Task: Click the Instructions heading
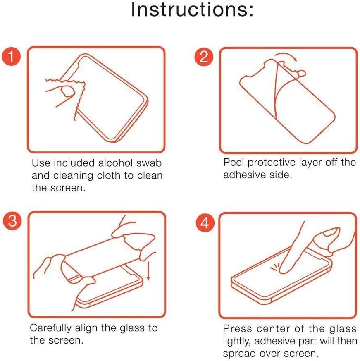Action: point(192,9)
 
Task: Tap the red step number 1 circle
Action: point(11,56)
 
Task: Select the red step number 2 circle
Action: point(204,57)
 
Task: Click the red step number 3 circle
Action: point(12,220)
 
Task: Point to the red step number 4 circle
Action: point(205,222)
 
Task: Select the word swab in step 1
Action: point(149,163)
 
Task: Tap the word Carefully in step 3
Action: point(51,328)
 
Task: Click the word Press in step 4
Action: point(237,328)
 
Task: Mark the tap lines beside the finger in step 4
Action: point(274,267)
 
